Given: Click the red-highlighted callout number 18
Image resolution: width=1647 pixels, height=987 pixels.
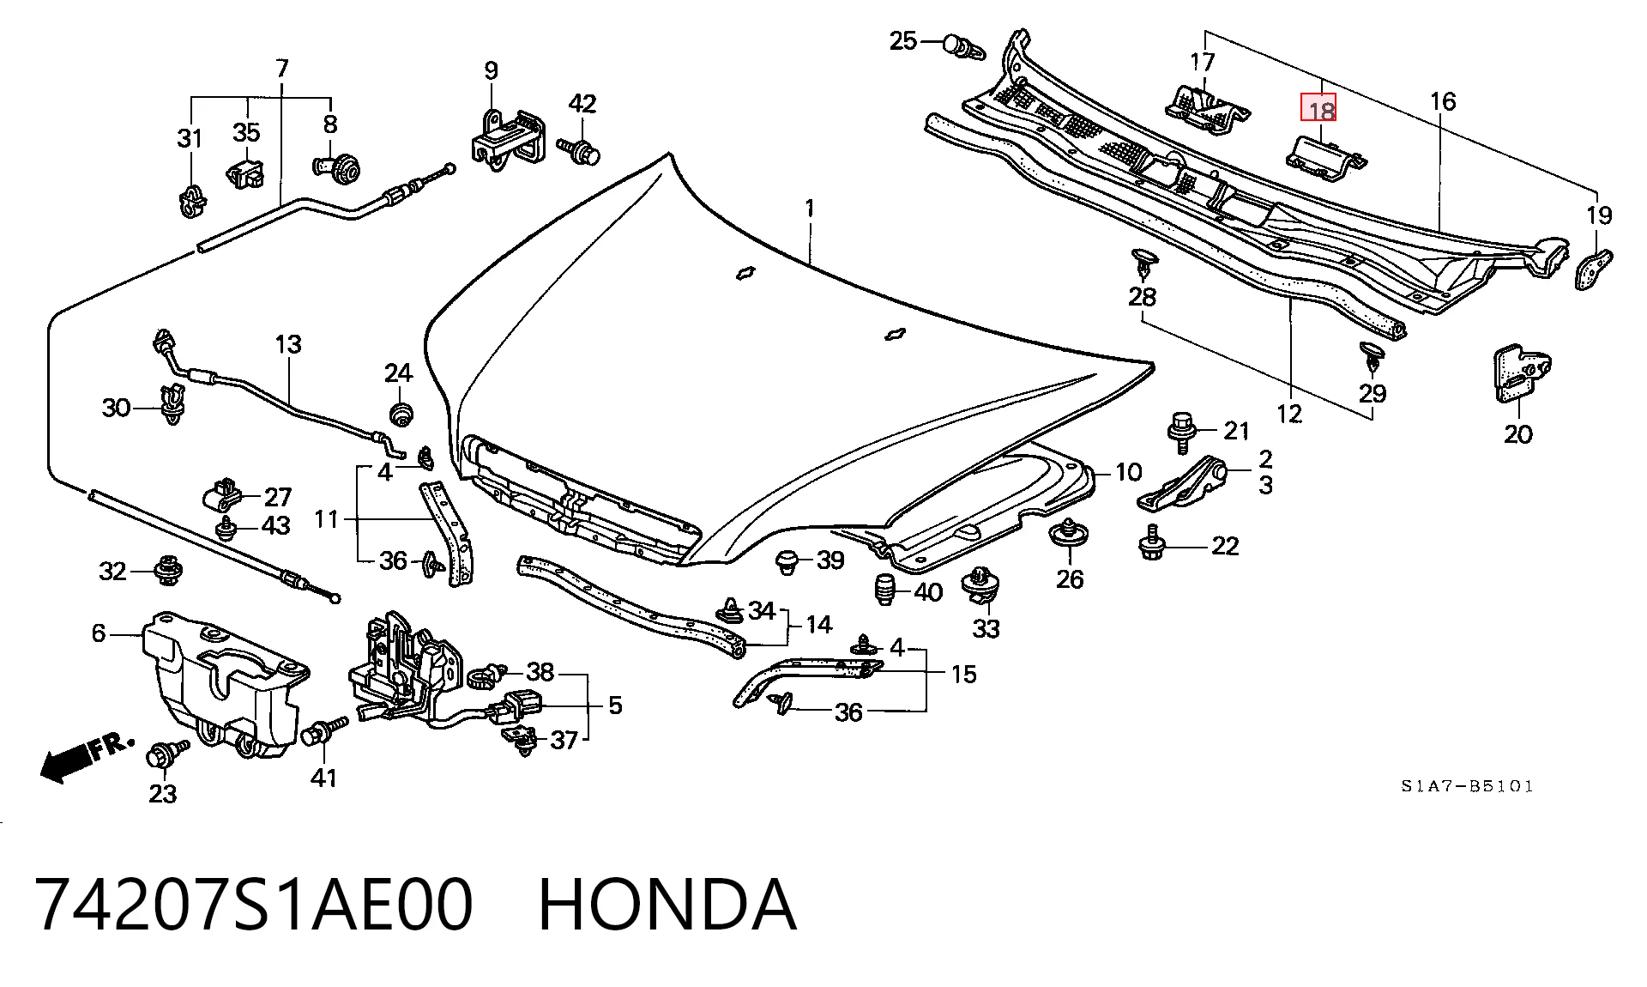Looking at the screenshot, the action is [1322, 111].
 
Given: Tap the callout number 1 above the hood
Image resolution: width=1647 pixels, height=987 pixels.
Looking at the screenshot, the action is [809, 209].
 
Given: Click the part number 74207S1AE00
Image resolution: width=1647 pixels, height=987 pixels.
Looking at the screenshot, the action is [254, 905].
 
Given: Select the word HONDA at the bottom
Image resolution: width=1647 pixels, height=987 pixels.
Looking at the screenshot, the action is [667, 905].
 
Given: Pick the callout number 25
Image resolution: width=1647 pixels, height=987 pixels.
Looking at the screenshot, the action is [903, 40].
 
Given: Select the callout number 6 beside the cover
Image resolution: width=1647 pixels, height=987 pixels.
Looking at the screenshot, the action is [98, 633].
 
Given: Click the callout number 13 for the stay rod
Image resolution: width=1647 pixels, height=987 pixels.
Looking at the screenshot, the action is [288, 344].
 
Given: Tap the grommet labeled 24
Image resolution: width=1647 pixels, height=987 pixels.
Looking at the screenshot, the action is [399, 412].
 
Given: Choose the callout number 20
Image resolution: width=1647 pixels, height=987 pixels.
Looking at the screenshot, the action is [1517, 434].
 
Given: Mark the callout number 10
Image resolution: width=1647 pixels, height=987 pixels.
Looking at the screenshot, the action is [1129, 472].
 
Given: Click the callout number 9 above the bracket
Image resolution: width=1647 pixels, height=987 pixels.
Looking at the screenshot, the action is [491, 70].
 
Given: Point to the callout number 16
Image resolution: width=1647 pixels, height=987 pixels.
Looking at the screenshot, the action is [1443, 101].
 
